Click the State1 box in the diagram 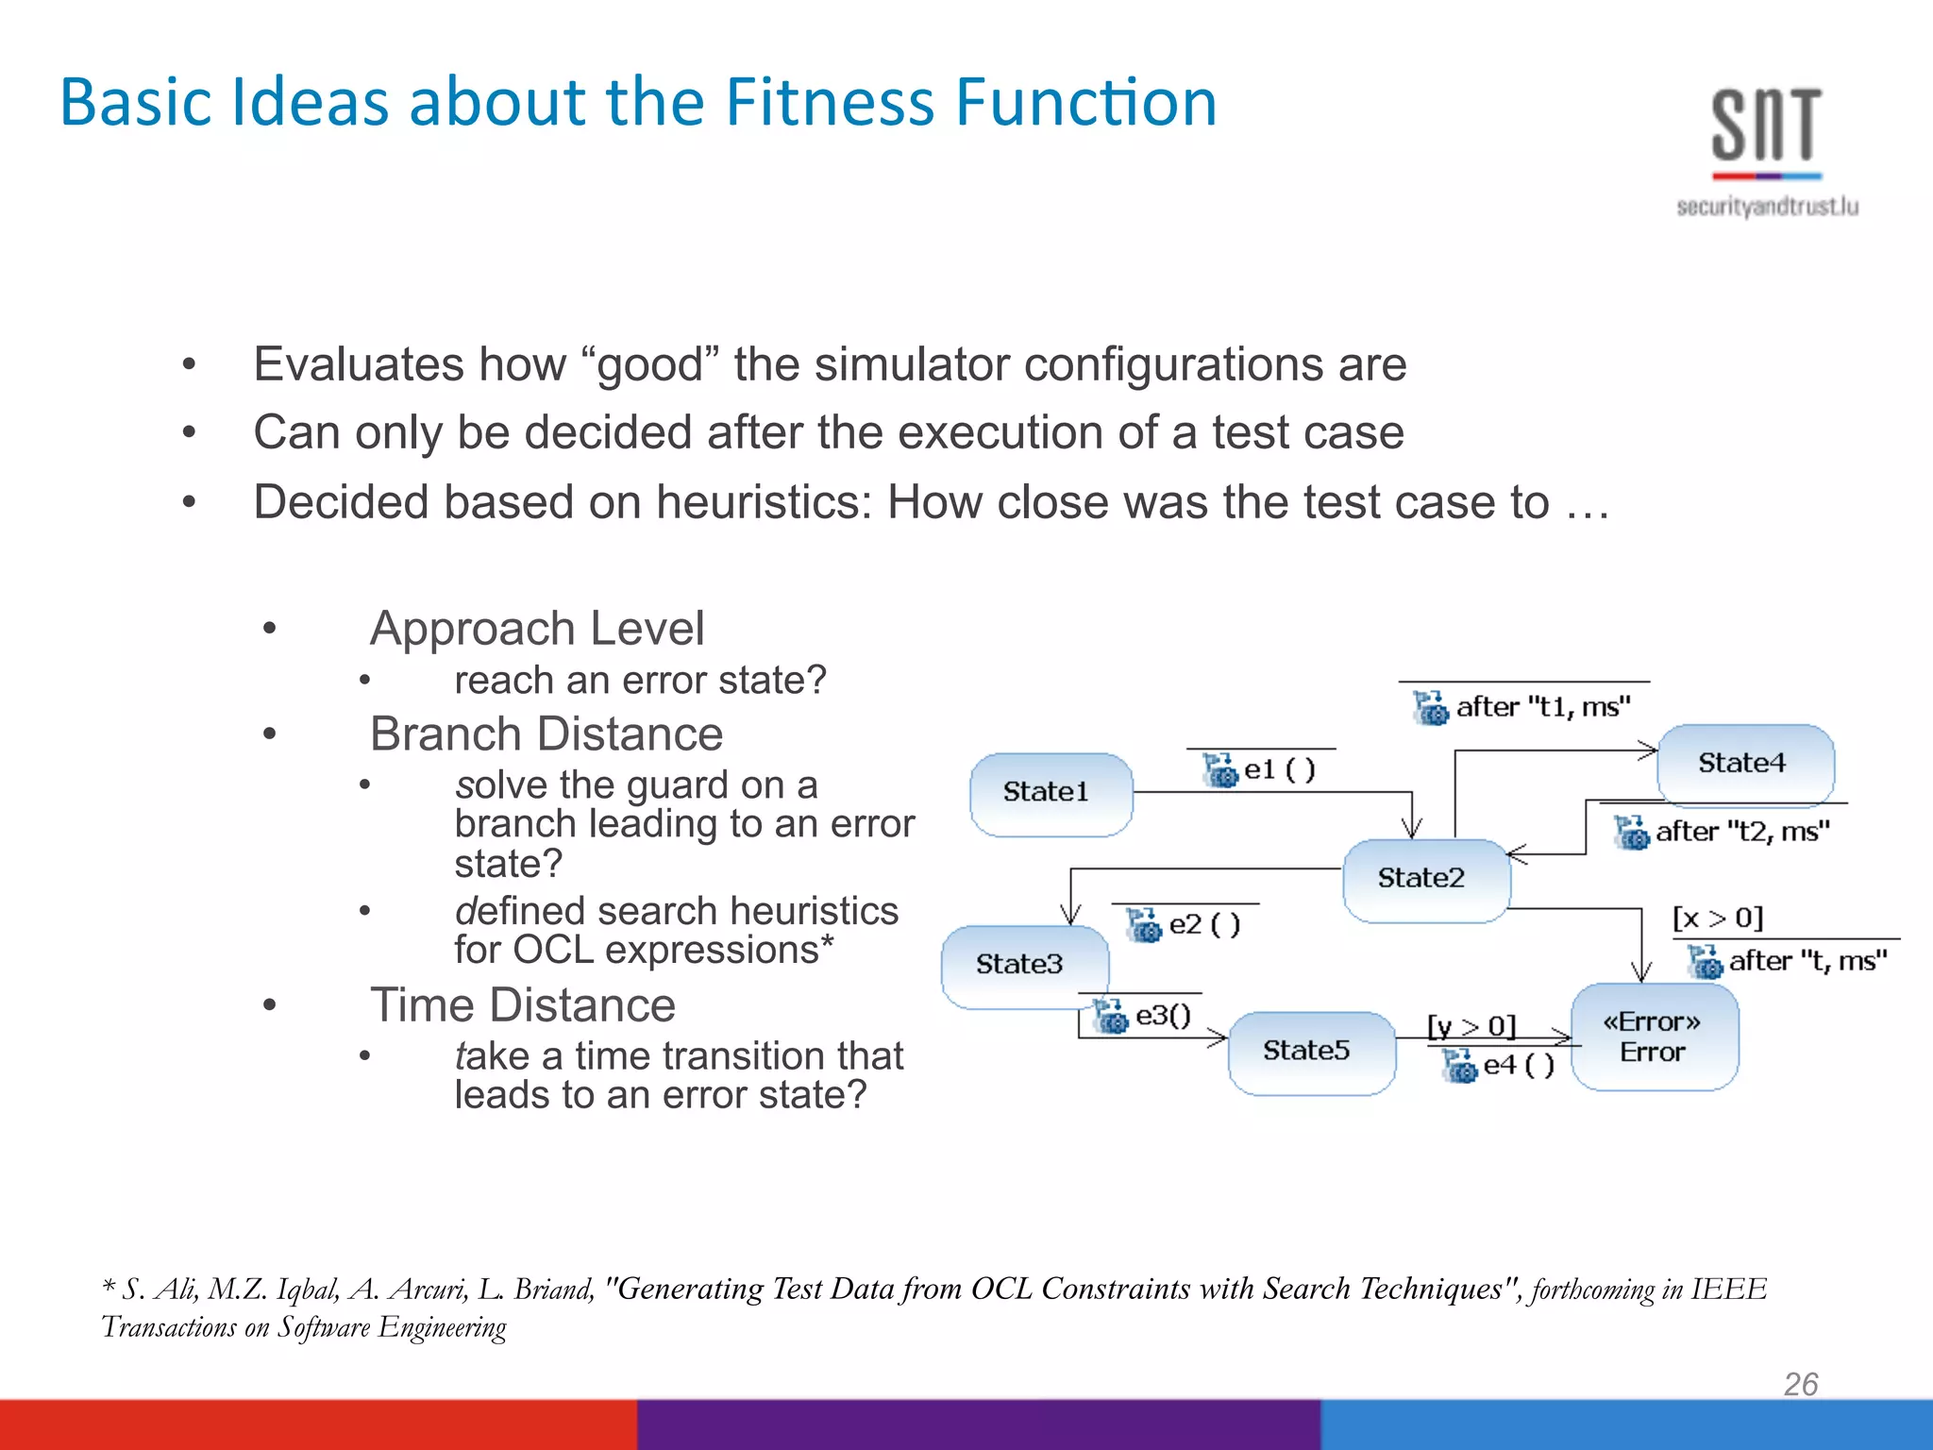point(1051,793)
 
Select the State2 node point(1425,879)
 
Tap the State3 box point(1023,965)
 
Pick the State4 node point(1745,764)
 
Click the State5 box point(1311,1052)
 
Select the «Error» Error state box point(1654,1037)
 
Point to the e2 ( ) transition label point(1203,925)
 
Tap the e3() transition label point(1162,1016)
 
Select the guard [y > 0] point(1471,1026)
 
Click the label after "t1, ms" point(1542,707)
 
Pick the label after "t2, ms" point(1741,832)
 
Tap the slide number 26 point(1800,1384)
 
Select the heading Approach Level point(537,629)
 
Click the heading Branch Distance point(546,734)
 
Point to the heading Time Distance point(523,1005)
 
